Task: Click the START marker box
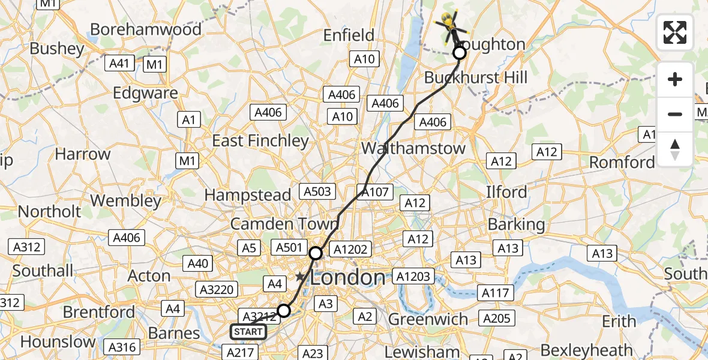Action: tap(248, 332)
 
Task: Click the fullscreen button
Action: tap(675, 32)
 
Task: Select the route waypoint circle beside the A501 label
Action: tap(316, 253)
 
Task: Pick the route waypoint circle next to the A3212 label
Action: tap(284, 311)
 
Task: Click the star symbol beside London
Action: tap(300, 277)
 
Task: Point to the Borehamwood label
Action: tap(146, 29)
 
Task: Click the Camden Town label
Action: tap(285, 224)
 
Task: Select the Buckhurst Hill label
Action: tap(476, 77)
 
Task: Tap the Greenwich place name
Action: tap(428, 319)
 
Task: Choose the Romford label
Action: tap(622, 163)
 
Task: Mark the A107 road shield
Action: tap(376, 193)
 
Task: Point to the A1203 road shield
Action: tap(413, 277)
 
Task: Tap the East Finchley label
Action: tap(261, 141)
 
